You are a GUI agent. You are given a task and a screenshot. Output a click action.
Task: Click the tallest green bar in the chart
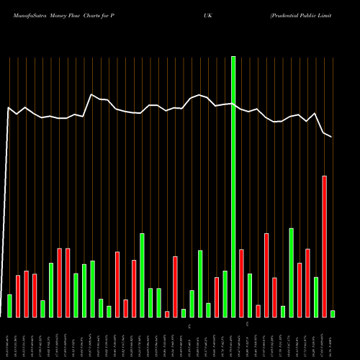coord(233,186)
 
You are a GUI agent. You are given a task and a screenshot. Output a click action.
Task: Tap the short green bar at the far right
coord(333,313)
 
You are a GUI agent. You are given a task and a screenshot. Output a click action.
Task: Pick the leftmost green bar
coord(9,305)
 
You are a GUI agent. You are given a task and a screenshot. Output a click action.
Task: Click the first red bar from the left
coord(18,296)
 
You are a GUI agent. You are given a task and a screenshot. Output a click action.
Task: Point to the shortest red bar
coord(167,314)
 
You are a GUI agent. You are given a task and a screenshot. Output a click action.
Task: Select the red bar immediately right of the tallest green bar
coord(241,283)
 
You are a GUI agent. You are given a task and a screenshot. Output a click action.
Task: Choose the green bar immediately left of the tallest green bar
coord(225,294)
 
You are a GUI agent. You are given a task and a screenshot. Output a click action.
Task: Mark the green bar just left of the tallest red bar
coord(316,297)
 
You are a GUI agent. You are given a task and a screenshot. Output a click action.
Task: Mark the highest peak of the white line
coord(91,94)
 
